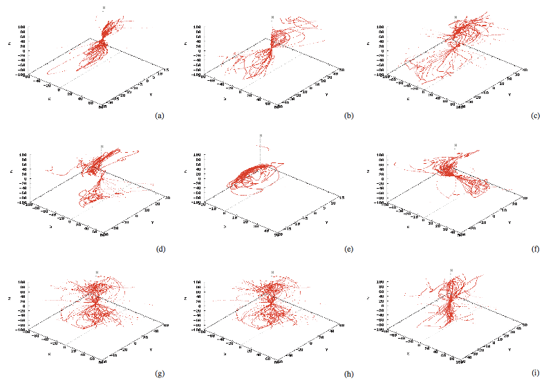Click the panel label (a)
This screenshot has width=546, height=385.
coord(160,116)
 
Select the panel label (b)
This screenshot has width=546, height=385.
coord(348,116)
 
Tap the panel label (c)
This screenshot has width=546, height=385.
coord(535,116)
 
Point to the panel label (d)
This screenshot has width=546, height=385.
coord(160,246)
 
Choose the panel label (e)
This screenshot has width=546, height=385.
coord(348,246)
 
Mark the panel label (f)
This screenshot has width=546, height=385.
coord(535,246)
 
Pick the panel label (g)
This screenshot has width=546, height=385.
coord(160,374)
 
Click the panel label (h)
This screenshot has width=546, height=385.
coord(348,374)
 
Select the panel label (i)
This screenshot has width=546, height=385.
coord(535,374)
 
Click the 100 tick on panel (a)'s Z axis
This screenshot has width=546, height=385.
coord(23,27)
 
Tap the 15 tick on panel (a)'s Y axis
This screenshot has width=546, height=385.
coord(164,71)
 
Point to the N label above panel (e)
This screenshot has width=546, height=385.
coord(261,135)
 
